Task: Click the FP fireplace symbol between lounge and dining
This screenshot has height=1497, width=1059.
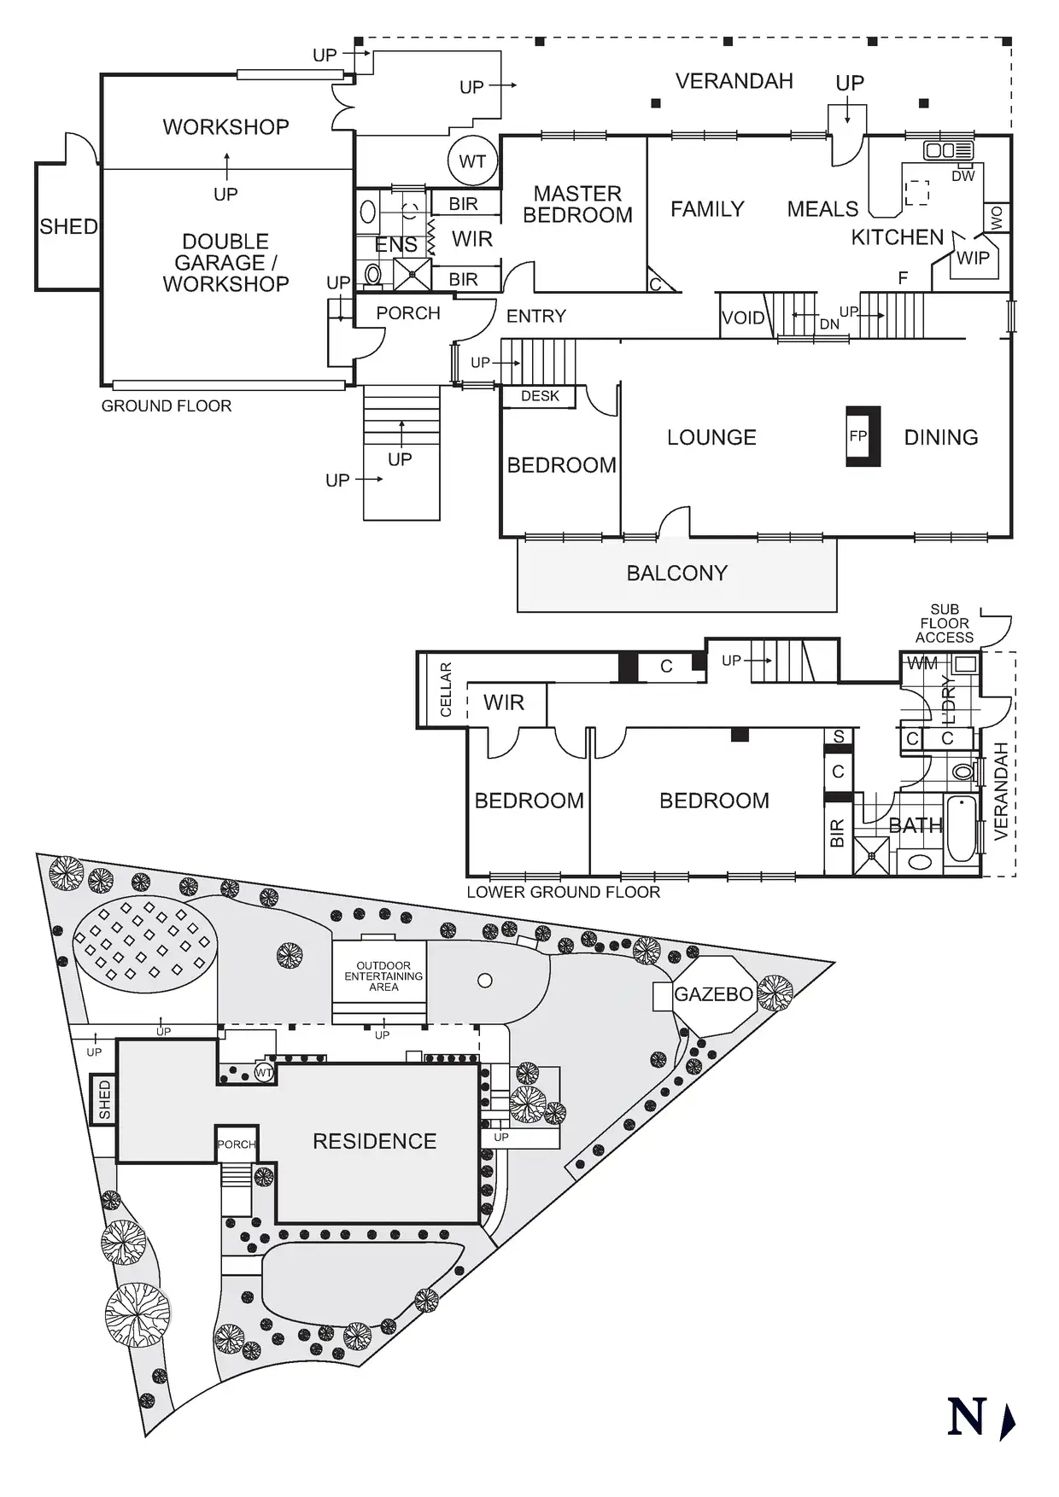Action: click(x=862, y=436)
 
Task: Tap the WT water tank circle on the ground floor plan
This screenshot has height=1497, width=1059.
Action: click(x=472, y=161)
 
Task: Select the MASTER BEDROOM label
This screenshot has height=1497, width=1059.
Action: click(x=577, y=205)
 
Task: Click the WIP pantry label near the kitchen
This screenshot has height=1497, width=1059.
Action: click(x=973, y=258)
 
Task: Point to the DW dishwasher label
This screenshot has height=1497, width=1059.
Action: click(x=962, y=176)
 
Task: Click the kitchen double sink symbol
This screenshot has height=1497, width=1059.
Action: click(x=942, y=150)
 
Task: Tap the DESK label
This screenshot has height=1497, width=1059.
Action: click(x=540, y=396)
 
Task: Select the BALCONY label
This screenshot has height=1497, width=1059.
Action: click(x=676, y=573)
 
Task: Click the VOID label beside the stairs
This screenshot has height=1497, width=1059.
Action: click(x=743, y=318)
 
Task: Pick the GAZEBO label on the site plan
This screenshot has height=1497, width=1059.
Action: click(x=713, y=994)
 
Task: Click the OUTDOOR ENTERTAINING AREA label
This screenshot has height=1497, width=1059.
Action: click(x=383, y=976)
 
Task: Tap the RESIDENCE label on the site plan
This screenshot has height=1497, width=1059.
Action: click(x=374, y=1141)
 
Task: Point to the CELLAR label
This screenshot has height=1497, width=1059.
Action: click(x=445, y=690)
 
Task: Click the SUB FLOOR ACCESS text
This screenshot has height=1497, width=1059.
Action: click(x=945, y=623)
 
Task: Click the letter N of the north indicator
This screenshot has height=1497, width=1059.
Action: click(x=967, y=1418)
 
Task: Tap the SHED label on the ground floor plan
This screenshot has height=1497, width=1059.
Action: click(x=68, y=227)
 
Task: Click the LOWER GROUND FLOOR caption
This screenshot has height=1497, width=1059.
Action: click(x=563, y=892)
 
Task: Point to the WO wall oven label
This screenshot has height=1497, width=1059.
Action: click(x=996, y=218)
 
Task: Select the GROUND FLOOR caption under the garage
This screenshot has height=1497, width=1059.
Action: click(x=167, y=406)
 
